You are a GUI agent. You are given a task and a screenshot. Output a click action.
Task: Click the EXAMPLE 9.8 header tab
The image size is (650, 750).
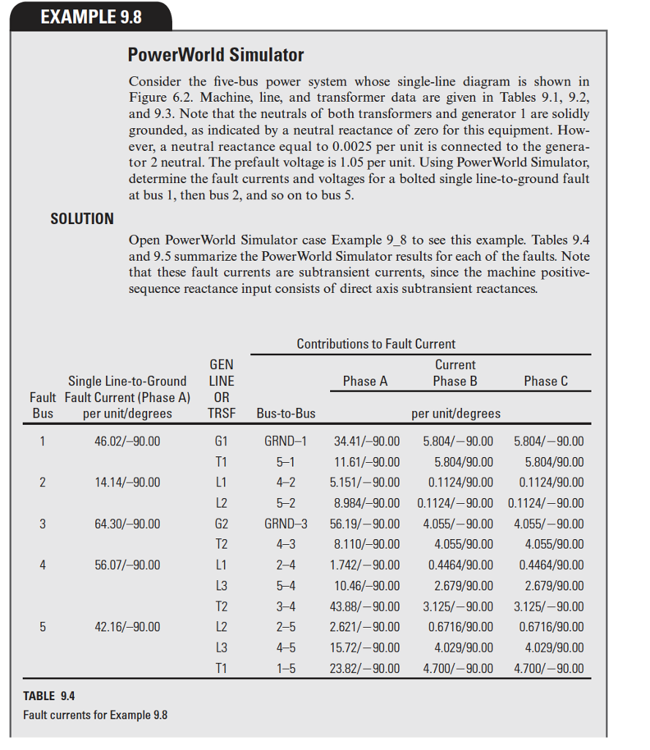91,16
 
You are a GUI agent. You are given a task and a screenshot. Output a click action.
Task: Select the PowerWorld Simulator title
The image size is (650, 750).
215,55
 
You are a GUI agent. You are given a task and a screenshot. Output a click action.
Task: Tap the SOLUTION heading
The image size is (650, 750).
82,218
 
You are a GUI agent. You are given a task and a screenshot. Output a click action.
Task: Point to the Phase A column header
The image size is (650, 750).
365,381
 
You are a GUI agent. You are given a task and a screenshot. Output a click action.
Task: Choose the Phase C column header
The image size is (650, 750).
545,381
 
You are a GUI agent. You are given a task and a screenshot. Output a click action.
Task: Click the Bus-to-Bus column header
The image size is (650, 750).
286,413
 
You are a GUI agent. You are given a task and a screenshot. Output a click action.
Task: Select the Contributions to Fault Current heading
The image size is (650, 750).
376,344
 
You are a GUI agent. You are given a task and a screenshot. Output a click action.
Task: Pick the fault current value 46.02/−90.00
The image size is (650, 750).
127,442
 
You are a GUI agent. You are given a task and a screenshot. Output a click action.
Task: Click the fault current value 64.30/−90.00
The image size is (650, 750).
127,524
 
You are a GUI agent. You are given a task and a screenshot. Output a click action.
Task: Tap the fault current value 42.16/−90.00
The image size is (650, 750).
127,627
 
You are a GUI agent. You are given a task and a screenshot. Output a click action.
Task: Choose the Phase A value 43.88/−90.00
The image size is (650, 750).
367,606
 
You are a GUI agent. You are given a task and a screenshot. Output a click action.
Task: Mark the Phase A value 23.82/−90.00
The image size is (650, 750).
367,668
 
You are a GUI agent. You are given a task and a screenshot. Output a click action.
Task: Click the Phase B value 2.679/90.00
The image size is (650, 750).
464,586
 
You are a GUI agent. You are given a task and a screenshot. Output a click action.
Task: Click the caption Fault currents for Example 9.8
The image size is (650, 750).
95,714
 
